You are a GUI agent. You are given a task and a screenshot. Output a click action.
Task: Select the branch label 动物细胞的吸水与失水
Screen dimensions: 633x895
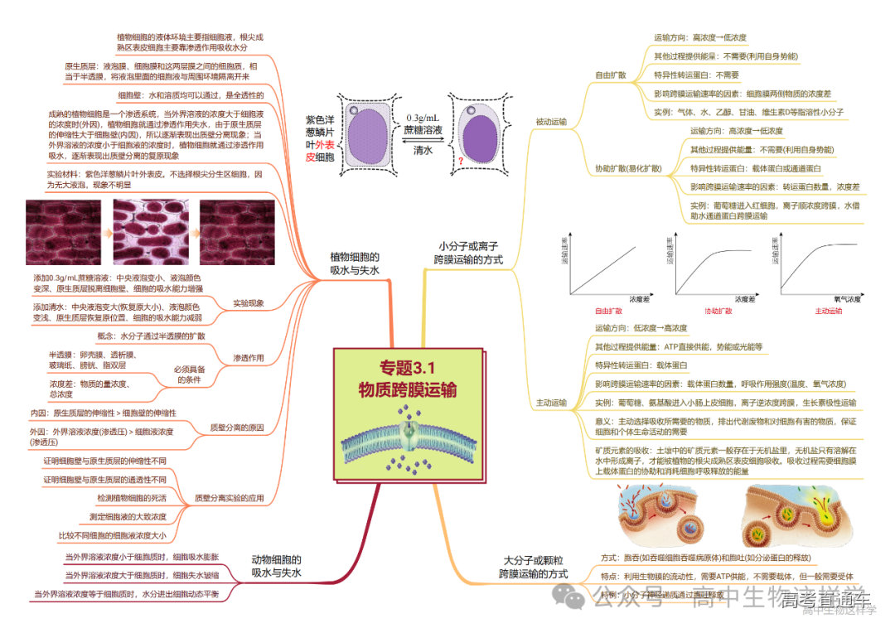pos(276,566)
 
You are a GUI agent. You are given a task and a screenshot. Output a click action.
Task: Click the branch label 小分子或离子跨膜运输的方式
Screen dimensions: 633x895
pos(469,253)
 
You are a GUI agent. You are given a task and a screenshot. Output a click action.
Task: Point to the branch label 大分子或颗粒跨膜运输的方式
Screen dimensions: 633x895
pos(533,567)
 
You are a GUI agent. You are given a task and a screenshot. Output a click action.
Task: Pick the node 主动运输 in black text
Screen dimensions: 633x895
pos(551,403)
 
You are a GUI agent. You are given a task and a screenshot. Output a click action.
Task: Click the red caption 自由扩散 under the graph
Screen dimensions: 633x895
pos(608,312)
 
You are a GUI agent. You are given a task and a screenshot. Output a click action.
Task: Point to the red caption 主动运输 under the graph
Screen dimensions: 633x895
pos(828,312)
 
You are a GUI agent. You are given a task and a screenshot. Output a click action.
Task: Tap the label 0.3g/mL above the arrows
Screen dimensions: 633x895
pos(423,118)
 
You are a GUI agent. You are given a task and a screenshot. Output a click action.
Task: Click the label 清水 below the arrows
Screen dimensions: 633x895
pos(423,150)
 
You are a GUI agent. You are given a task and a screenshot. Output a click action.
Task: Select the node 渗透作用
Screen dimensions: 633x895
pos(249,358)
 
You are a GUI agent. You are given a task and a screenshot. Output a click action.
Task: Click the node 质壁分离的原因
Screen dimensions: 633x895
pos(237,428)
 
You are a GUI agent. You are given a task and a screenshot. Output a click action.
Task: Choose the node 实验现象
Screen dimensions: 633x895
pos(249,302)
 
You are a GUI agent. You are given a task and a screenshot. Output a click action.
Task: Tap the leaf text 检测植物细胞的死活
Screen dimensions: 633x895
pos(132,498)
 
